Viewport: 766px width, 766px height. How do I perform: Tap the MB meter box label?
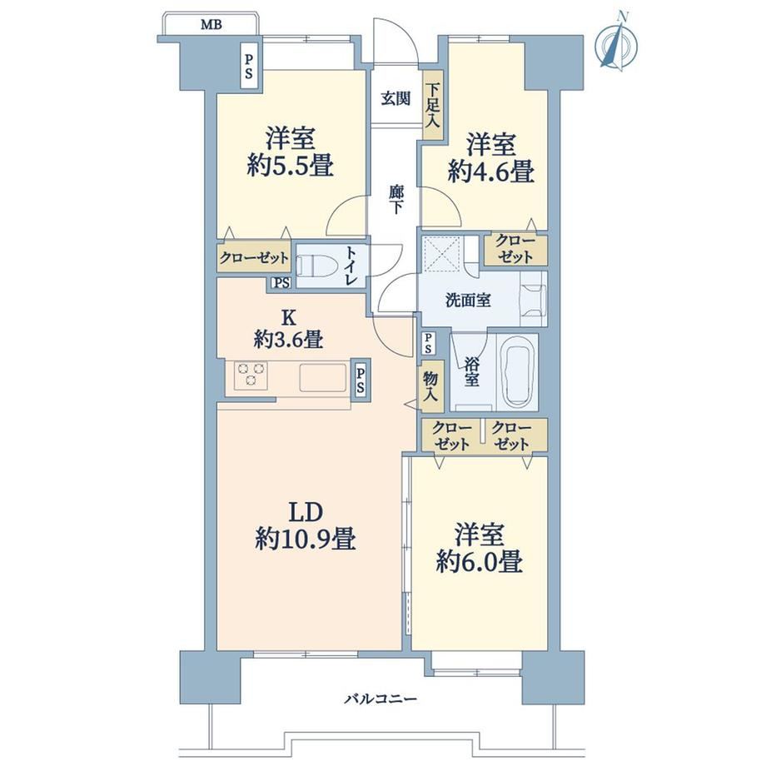(211, 24)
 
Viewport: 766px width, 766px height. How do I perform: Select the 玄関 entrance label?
(395, 99)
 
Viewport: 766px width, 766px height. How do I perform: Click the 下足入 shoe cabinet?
(432, 106)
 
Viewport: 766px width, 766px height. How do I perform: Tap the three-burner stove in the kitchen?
(251, 376)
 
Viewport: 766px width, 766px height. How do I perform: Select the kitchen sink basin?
(323, 378)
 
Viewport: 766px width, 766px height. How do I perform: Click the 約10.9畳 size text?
(306, 540)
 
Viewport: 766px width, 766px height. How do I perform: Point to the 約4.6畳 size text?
(490, 172)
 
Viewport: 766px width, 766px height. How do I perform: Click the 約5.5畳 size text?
(291, 165)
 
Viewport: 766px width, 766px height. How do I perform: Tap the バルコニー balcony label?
(381, 699)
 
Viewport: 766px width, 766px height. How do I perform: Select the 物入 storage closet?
(430, 386)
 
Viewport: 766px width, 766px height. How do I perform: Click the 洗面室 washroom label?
(468, 301)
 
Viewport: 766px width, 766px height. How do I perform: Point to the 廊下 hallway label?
(395, 199)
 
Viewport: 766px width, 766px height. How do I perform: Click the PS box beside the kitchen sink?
(361, 380)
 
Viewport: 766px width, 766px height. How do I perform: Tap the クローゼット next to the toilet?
(254, 257)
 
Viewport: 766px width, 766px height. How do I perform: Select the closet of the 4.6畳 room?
(515, 249)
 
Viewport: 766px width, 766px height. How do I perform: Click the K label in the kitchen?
(288, 317)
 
